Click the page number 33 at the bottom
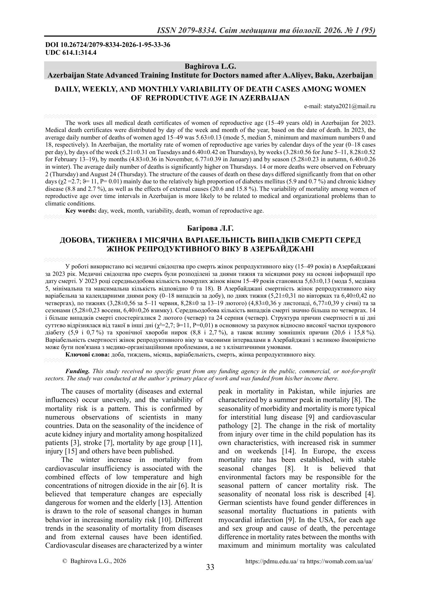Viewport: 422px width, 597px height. coord(210,567)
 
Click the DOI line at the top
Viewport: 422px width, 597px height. coord(108,45)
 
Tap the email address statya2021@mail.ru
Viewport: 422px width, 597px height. coord(340,106)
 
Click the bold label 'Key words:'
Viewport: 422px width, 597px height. coord(81,211)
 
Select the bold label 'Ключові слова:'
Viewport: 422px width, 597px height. coord(87,354)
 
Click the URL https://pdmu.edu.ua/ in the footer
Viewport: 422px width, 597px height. coord(272,561)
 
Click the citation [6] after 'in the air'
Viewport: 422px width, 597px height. coord(174,485)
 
